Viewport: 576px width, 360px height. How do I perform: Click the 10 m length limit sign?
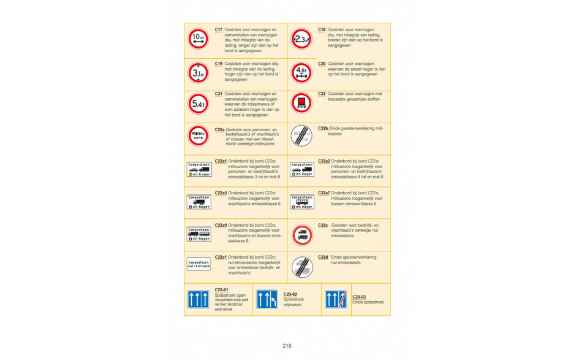[198, 39]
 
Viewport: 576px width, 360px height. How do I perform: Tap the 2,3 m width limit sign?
[301, 39]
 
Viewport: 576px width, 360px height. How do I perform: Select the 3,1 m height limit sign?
[198, 73]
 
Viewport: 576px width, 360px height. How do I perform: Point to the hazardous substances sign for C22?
[301, 103]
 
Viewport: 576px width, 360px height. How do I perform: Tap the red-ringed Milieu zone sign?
[198, 136]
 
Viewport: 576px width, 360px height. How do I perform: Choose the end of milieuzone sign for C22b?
[301, 136]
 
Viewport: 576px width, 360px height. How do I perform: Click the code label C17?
[219, 29]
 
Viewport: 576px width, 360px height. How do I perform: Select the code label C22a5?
[221, 193]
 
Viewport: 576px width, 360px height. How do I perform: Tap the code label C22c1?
[221, 257]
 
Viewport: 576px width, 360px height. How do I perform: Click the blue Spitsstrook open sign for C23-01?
[198, 299]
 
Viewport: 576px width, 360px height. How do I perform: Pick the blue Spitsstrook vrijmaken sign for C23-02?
[267, 299]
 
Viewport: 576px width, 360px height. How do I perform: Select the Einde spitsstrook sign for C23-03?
[335, 299]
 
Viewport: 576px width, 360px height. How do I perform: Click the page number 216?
[287, 346]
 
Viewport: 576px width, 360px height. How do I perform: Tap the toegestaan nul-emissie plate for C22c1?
[198, 264]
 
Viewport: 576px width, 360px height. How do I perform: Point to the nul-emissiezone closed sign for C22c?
[301, 234]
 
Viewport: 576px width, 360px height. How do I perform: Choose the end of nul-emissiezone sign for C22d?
[301, 267]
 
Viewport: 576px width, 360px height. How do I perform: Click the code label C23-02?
[290, 294]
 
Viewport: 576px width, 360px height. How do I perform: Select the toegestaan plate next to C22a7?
[301, 201]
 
